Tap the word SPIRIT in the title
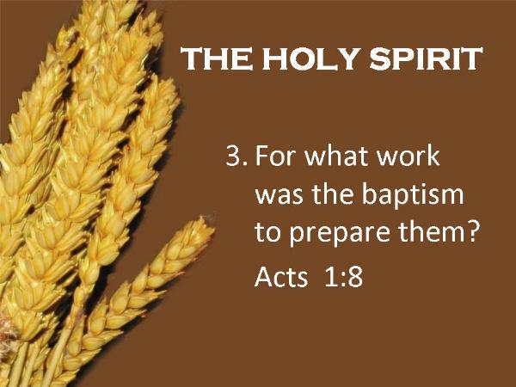pyautogui.click(x=426, y=58)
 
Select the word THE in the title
pyautogui.click(x=217, y=58)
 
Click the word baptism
pyautogui.click(x=413, y=195)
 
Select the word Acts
pyautogui.click(x=281, y=276)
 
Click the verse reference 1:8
pyautogui.click(x=343, y=276)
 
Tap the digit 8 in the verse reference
pyautogui.click(x=354, y=276)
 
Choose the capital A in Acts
pyautogui.click(x=263, y=276)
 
